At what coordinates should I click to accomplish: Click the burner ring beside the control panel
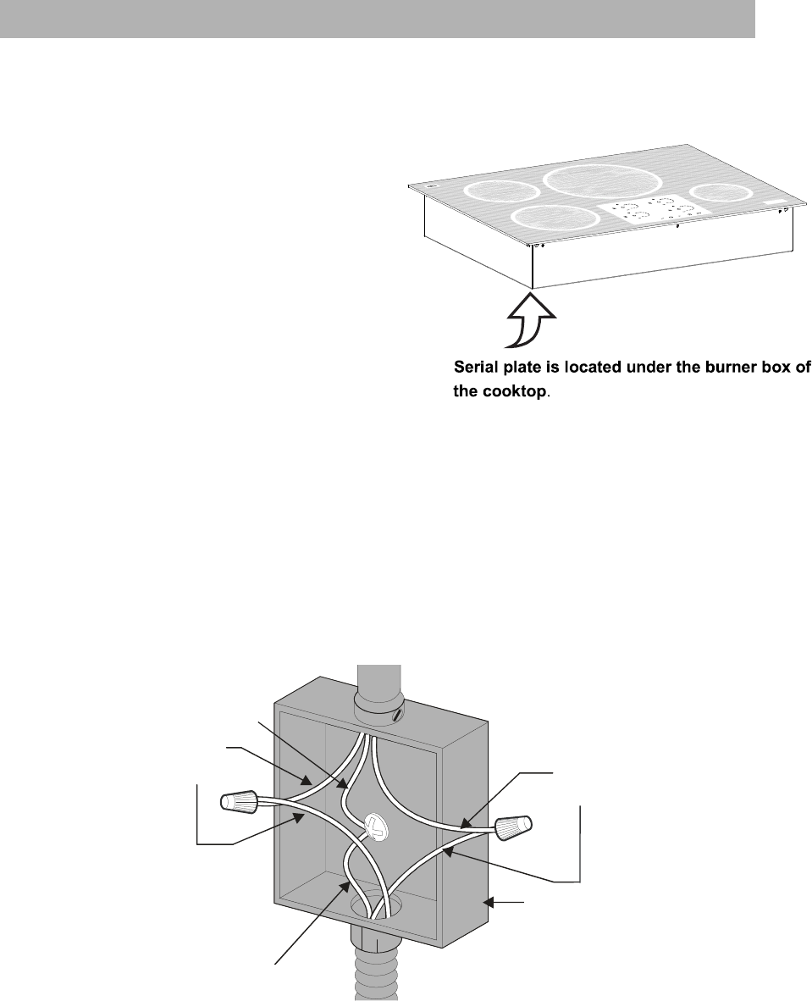[x=552, y=218]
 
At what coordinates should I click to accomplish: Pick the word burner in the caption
[x=714, y=368]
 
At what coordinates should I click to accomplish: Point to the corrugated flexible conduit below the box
[x=372, y=974]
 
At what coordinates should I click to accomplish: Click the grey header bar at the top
[x=377, y=18]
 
